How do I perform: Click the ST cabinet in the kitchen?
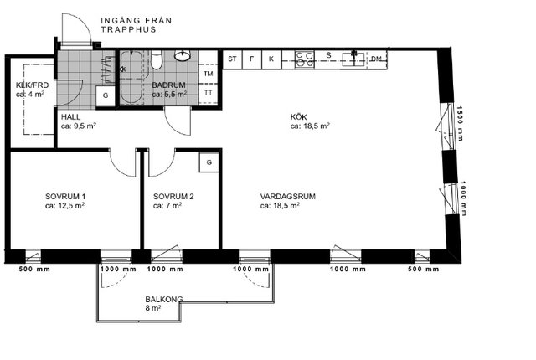click(232, 59)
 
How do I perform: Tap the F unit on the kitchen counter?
click(251, 59)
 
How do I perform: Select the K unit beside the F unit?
click(271, 59)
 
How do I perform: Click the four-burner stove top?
click(305, 59)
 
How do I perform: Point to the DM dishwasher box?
click(377, 59)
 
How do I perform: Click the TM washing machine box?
click(209, 74)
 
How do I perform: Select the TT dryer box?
click(209, 93)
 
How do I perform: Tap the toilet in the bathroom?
click(157, 59)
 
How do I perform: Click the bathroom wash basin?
click(183, 55)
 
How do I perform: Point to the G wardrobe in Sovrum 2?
click(209, 162)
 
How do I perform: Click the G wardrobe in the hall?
click(106, 95)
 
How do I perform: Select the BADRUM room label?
click(168, 85)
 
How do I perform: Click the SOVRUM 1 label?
click(65, 197)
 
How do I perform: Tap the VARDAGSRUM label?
click(287, 197)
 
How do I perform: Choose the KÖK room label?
click(298, 117)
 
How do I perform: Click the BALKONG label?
click(164, 300)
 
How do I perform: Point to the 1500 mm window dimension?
click(460, 123)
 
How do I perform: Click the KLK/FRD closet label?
click(32, 85)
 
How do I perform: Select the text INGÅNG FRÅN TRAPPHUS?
click(136, 25)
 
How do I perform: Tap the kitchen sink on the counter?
click(354, 59)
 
